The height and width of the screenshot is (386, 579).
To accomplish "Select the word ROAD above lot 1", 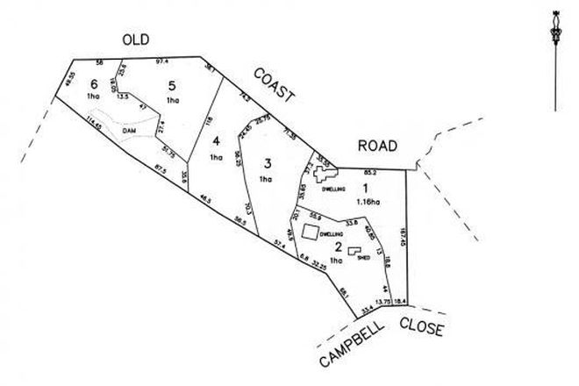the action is tap(378, 146).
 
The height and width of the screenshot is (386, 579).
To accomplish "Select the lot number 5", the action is tap(173, 84).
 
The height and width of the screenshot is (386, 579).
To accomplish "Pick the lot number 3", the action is tap(266, 162).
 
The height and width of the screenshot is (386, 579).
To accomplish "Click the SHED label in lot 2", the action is tap(361, 258).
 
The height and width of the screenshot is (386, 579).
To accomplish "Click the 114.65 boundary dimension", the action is tap(93, 129).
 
